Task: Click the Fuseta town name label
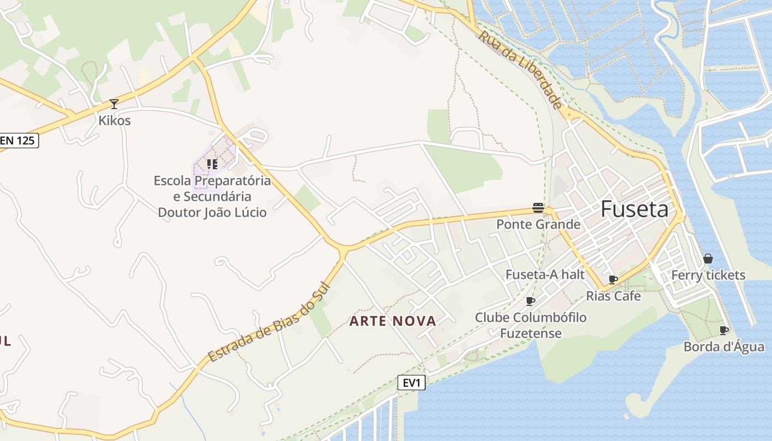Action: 634,209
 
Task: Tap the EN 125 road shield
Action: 18,141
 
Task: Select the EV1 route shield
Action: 411,383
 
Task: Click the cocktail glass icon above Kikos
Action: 114,104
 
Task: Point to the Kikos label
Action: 115,120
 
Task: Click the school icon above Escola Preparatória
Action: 212,164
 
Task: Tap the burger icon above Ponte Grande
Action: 538,208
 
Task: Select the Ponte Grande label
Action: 538,224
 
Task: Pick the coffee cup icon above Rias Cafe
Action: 613,279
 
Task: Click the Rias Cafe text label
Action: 613,296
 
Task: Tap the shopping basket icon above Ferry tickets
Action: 708,259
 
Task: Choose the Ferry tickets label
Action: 708,275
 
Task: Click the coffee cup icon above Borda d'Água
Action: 724,330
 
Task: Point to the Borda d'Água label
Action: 724,347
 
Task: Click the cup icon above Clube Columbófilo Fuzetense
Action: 530,301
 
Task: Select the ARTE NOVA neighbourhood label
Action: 393,321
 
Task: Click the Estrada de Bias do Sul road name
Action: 269,322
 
